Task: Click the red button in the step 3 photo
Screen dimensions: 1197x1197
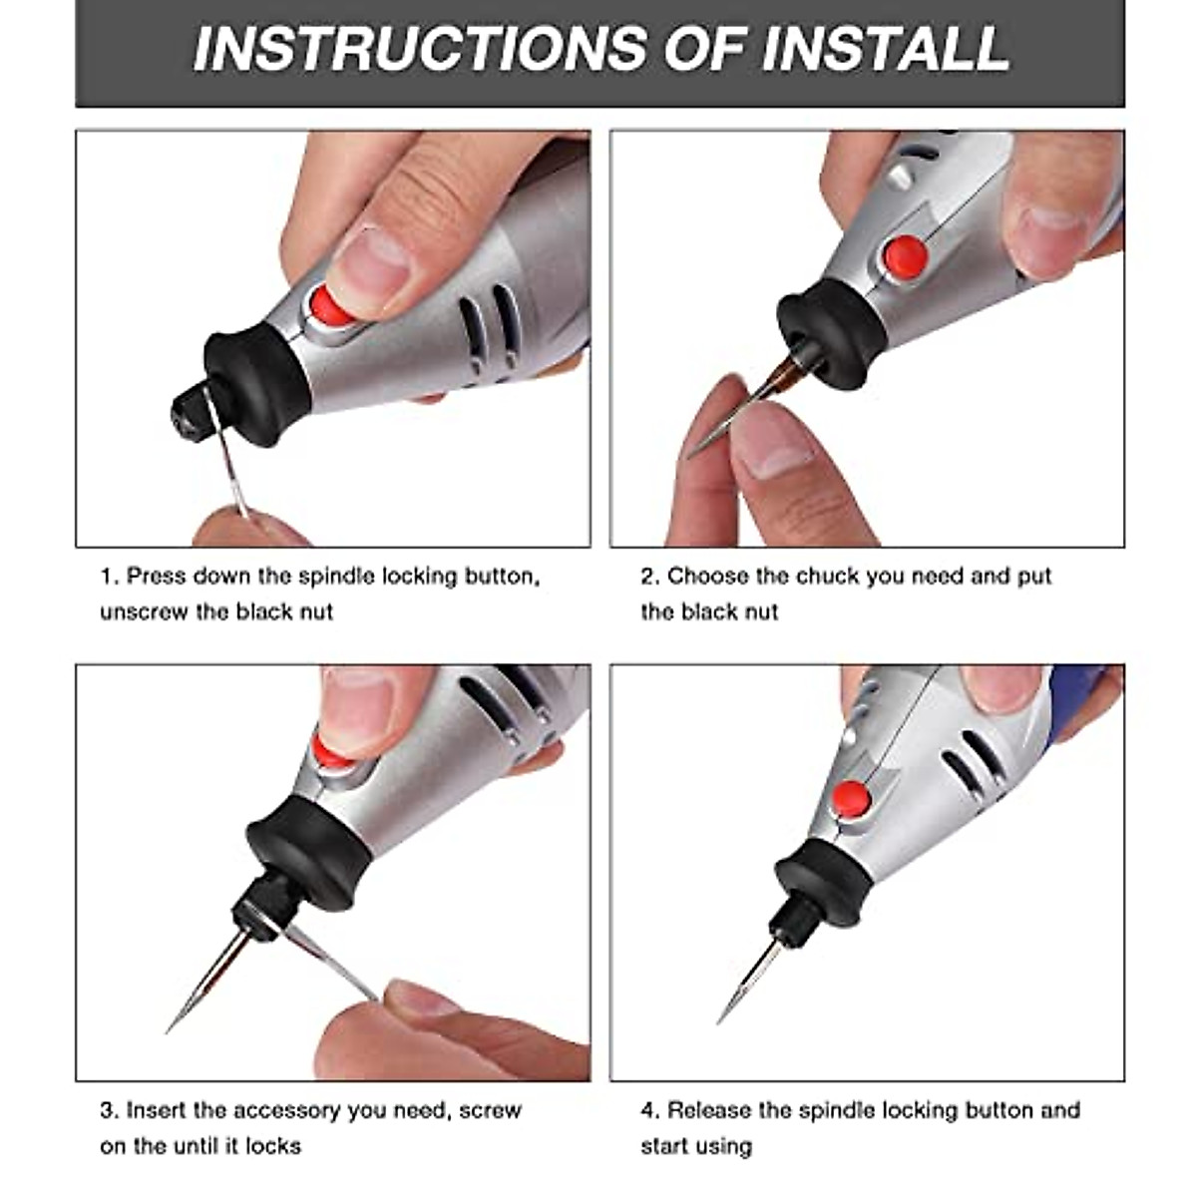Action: (x=332, y=751)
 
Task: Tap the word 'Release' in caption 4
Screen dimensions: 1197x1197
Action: (x=708, y=1109)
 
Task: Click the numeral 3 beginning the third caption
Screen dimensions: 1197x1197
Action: (x=106, y=1110)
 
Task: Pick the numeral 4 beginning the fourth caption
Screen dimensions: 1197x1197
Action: (x=647, y=1109)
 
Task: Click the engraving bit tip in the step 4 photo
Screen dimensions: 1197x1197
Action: (x=718, y=1022)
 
